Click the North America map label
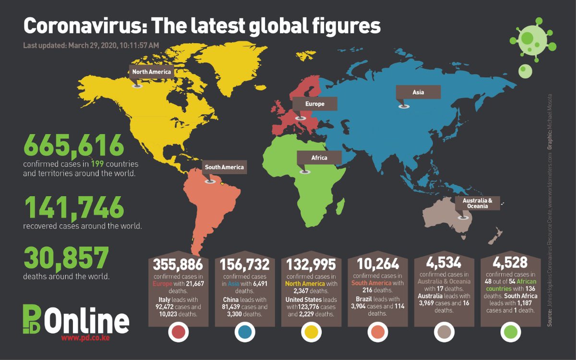click(151, 72)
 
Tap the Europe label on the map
click(315, 104)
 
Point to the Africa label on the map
click(319, 158)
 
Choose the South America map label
click(224, 168)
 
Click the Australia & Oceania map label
click(478, 203)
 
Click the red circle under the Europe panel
click(178, 332)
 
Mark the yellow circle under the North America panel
click(311, 332)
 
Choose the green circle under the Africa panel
click(510, 332)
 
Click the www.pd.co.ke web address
click(85, 338)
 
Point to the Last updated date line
click(91, 46)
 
